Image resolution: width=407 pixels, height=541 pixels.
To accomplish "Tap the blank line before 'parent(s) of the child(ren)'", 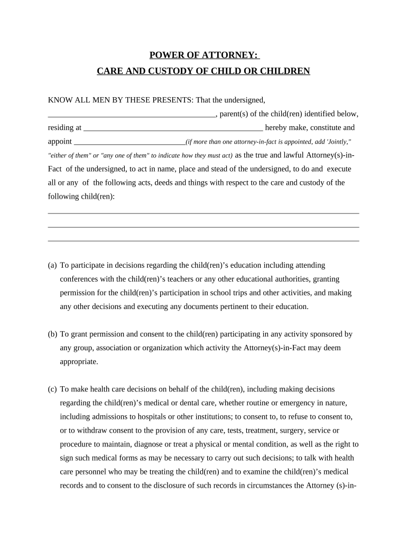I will point(132,114).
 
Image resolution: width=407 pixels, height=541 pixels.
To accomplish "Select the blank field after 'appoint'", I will point(129,142).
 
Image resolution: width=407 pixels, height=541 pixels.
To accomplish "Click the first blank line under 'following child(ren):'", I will point(203,213).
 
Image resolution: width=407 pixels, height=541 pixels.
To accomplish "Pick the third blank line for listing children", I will point(203,241).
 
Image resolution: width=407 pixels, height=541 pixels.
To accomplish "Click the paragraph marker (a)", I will point(52,265).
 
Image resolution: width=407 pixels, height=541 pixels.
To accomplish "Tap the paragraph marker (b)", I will point(52,334).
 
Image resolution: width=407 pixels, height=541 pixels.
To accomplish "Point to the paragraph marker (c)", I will point(52,389).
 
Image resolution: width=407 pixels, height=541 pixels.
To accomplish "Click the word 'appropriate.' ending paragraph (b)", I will point(79,362).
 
